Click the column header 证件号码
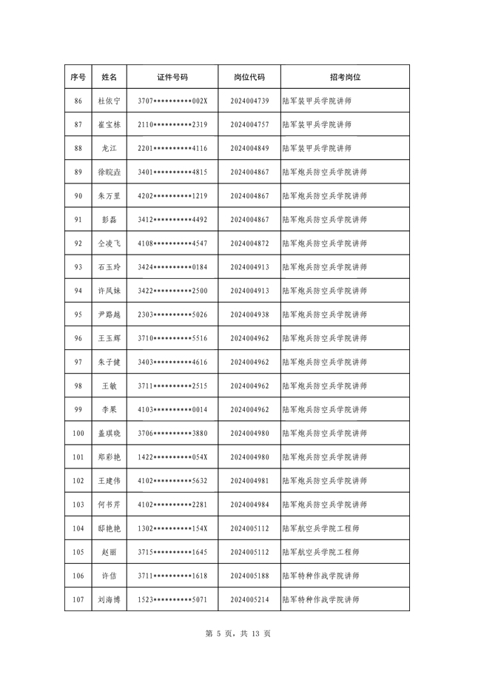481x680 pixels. tap(172, 77)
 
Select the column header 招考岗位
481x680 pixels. tap(345, 77)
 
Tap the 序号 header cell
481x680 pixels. tap(78, 77)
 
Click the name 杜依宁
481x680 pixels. tap(109, 101)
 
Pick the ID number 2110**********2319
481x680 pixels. tap(172, 124)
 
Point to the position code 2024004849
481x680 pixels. tap(249, 148)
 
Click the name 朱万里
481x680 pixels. tap(109, 196)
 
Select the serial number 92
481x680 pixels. tap(78, 243)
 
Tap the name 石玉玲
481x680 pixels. tap(109, 267)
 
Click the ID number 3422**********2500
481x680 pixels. tap(172, 291)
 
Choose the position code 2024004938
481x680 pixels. tap(249, 314)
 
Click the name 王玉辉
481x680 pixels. tap(109, 338)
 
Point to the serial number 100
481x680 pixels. tap(78, 434)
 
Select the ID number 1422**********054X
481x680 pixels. tap(172, 457)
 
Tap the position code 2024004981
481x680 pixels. tap(249, 481)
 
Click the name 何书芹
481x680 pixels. tap(109, 505)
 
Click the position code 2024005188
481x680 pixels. tap(249, 576)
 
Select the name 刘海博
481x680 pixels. tap(109, 599)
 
